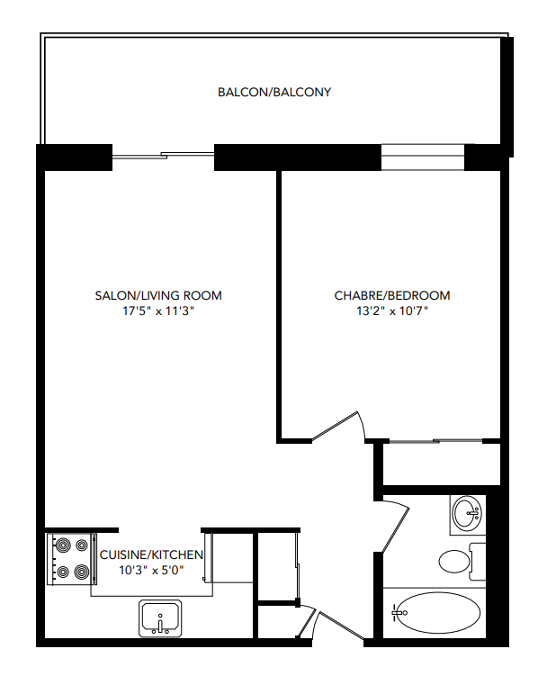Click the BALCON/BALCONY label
coord(274,92)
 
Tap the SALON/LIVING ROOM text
coord(158,295)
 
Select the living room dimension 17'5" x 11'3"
coord(158,311)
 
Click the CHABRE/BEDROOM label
coord(392,295)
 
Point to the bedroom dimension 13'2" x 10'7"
coord(392,311)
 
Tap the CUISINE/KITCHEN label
coord(151,554)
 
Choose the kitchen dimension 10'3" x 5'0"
coord(151,570)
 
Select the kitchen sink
coord(161,618)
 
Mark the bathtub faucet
coord(397,613)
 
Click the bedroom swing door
coord(338,426)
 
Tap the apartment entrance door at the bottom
coord(309,624)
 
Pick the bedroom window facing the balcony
coord(423,157)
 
